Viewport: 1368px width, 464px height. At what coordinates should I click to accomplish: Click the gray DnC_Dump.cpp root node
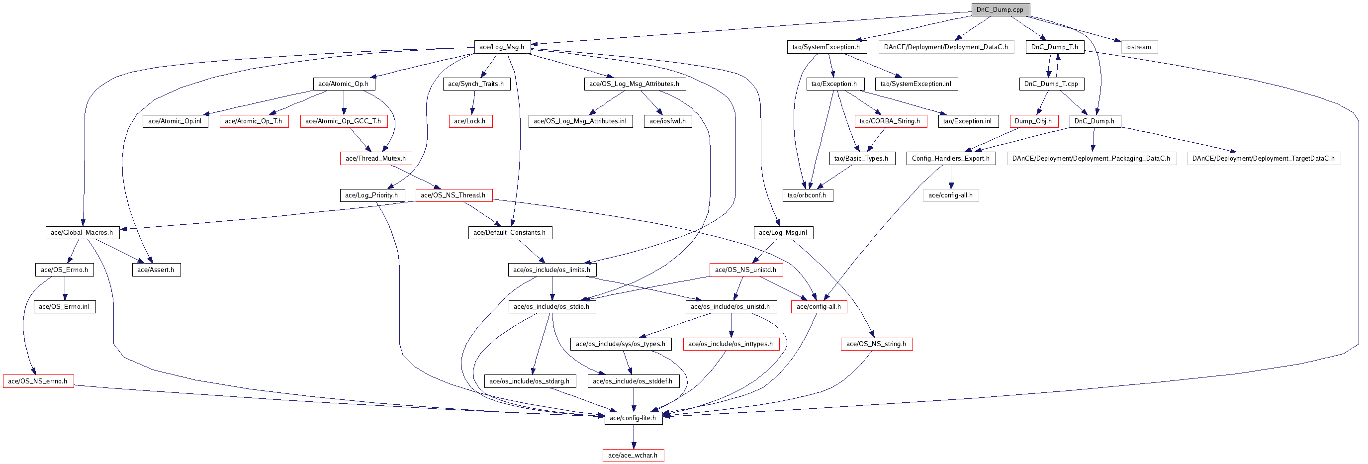1000,9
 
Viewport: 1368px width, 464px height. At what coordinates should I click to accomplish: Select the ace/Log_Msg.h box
501,47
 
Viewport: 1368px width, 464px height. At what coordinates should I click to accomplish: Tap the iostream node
1139,47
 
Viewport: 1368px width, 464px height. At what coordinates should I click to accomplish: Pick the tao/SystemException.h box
826,47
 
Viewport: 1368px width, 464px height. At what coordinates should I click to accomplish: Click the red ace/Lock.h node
469,121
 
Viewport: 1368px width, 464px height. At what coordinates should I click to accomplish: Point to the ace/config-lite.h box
633,418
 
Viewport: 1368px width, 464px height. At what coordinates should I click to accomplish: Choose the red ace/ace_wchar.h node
633,455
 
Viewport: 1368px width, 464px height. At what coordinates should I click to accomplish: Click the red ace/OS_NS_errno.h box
38,380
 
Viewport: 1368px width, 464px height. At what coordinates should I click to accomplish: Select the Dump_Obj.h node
1033,121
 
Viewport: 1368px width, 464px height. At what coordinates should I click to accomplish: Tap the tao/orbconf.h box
807,195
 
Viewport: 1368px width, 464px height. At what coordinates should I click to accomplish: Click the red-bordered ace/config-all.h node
819,306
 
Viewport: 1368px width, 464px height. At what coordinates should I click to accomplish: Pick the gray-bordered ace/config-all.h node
950,195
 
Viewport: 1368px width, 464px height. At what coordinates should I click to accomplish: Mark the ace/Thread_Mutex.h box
375,158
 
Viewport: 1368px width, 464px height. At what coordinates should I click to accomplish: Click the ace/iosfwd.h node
667,121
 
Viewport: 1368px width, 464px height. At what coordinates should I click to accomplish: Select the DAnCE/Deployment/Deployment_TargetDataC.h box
1263,158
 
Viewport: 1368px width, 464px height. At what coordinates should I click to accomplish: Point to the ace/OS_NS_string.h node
876,344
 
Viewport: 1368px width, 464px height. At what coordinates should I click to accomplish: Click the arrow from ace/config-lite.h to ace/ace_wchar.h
633,436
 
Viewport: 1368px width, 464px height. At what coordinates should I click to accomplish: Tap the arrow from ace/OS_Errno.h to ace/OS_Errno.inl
65,288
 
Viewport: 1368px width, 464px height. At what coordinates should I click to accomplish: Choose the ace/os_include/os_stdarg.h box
530,380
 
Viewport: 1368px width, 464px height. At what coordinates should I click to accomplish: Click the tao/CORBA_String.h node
890,121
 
